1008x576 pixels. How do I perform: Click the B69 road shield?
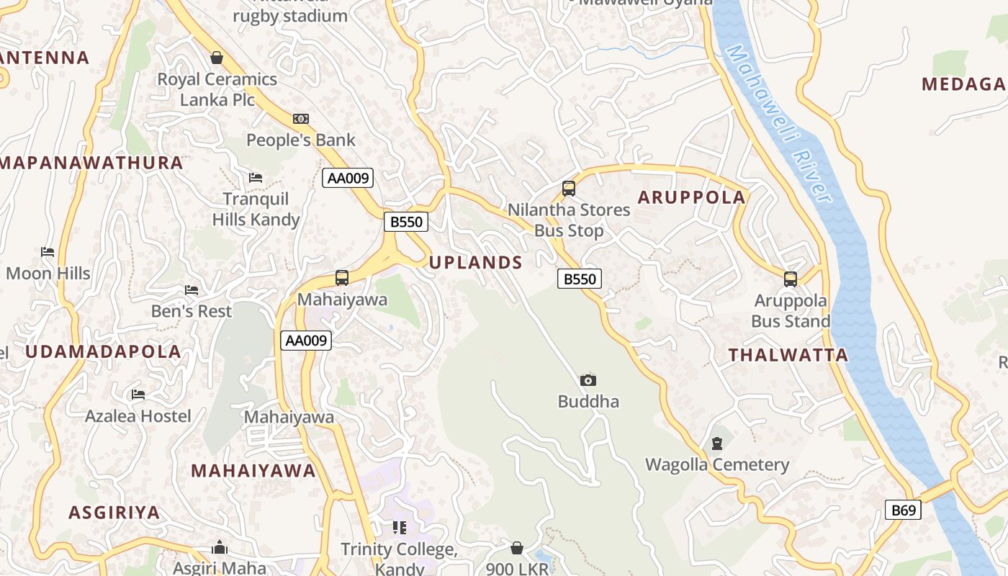(903, 510)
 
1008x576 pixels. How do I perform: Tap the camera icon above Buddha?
(588, 380)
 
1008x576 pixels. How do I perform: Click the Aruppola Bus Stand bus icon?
(791, 279)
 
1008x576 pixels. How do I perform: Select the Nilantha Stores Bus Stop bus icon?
(569, 189)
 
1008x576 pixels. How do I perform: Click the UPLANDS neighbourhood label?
(475, 263)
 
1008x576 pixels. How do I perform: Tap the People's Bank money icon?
(301, 119)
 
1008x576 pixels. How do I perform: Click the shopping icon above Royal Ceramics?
(217, 58)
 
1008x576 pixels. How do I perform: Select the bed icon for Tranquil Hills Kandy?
(256, 178)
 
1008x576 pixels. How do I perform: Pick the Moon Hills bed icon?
(48, 252)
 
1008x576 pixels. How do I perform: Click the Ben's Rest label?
(192, 311)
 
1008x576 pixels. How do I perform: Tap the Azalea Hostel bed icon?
(138, 395)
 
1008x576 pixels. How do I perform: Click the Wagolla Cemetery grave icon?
(716, 444)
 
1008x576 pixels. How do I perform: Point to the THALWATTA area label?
(788, 355)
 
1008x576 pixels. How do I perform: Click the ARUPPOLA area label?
(691, 197)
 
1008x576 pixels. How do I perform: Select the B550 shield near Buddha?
(579, 279)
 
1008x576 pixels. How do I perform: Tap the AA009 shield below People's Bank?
(347, 178)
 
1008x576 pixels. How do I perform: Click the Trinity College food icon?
(399, 528)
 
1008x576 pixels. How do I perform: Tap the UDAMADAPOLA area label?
(104, 352)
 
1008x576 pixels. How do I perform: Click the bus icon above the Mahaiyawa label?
(342, 278)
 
